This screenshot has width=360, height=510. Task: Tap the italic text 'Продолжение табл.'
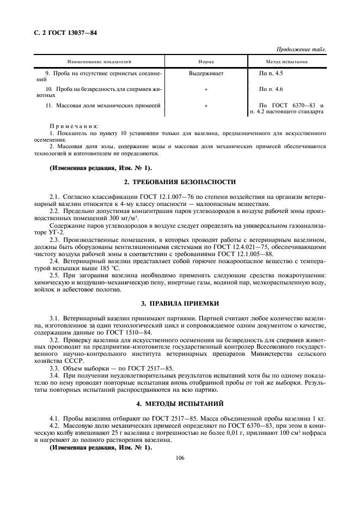click(301, 50)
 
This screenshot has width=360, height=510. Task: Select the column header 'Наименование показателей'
click(100, 62)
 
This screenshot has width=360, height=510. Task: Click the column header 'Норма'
click(206, 62)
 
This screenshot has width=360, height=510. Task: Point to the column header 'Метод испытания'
click(287, 62)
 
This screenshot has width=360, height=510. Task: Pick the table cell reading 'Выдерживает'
click(206, 72)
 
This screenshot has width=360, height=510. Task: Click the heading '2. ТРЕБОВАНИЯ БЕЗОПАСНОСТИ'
click(180, 181)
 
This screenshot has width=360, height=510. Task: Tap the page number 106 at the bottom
click(180, 458)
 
